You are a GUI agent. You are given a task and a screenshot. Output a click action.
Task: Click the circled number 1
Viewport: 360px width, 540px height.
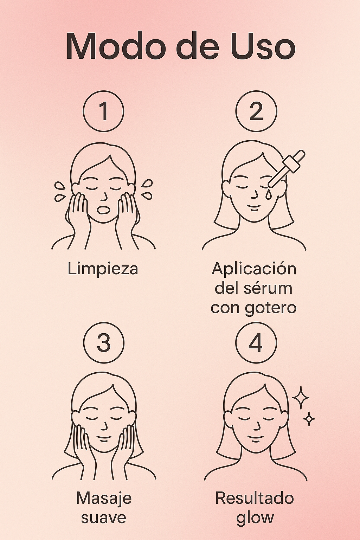click(104, 111)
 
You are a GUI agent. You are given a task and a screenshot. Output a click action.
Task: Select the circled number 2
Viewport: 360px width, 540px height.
click(256, 111)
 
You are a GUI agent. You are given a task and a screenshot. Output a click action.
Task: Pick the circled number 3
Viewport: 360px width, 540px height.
click(104, 342)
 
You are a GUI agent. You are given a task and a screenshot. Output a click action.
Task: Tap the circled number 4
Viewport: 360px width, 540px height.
click(256, 342)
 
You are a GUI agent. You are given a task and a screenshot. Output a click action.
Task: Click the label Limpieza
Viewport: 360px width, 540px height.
click(103, 269)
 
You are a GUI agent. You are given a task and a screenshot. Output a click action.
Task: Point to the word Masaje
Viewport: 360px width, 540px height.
click(104, 499)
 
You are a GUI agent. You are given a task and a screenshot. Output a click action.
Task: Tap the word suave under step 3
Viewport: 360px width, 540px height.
click(103, 517)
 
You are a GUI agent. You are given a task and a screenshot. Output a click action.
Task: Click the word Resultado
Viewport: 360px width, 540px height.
click(255, 499)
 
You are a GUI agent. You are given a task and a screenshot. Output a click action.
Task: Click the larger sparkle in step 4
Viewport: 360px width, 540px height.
click(301, 398)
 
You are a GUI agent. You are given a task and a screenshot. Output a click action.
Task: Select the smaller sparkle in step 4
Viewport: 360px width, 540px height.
click(309, 419)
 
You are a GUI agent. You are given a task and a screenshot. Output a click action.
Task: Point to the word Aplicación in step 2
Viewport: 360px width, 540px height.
click(254, 269)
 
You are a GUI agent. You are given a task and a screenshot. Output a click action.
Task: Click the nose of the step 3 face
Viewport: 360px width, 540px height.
click(104, 426)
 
